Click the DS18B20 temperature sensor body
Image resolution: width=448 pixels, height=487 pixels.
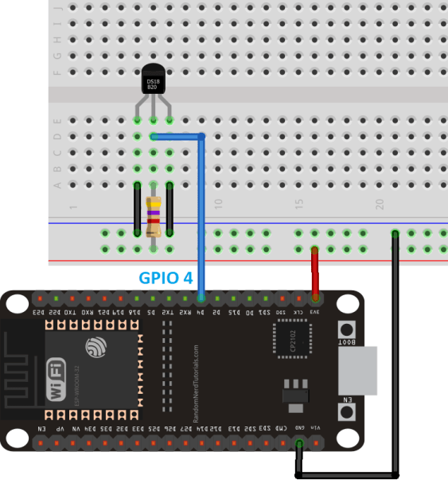tap(153, 81)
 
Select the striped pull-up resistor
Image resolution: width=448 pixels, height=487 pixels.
tap(153, 216)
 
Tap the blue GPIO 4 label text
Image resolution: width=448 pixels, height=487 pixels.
tap(166, 279)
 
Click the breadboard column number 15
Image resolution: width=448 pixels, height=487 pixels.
tap(299, 205)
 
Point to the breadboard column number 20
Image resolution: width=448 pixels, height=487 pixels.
tap(380, 205)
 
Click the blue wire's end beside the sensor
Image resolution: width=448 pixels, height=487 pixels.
tap(154, 136)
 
